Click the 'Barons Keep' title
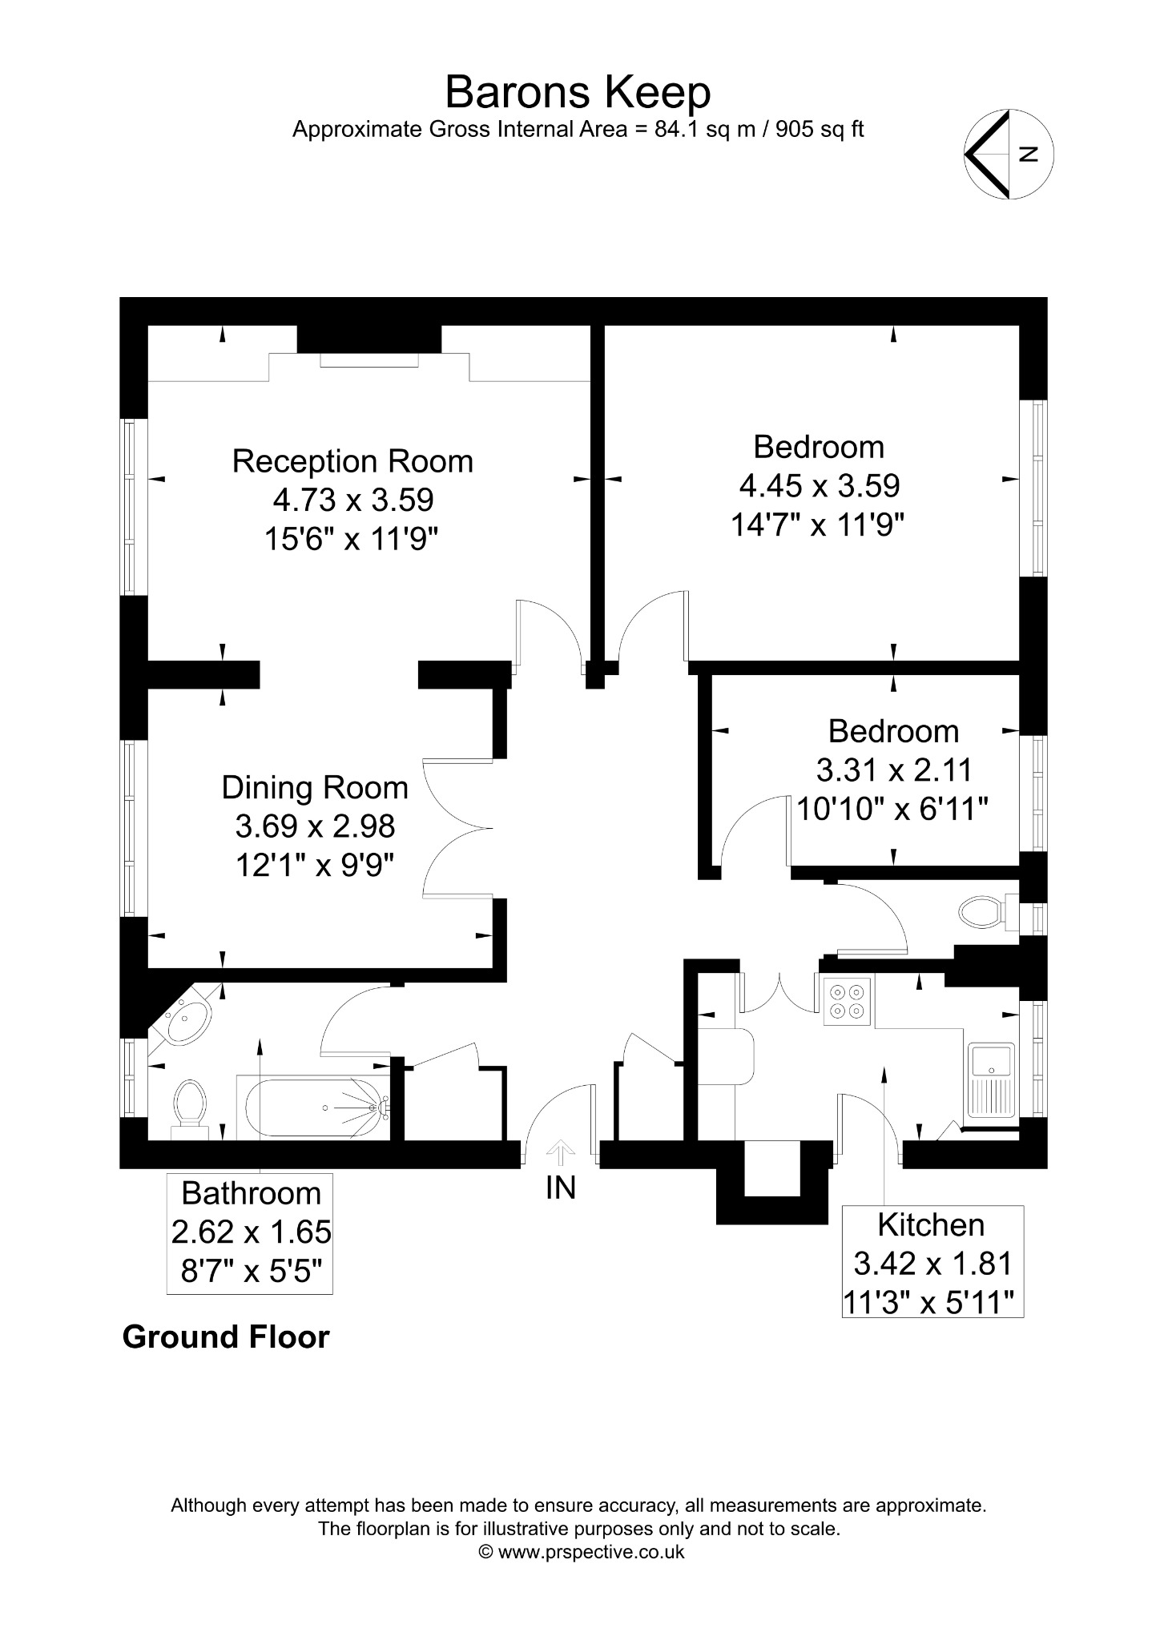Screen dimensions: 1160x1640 point(578,92)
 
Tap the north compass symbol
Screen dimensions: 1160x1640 point(1009,154)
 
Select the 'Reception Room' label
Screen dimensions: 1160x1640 point(352,461)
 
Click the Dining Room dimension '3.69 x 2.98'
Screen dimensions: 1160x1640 point(315,826)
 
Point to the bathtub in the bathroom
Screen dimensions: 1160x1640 point(313,1108)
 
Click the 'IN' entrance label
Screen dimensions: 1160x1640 point(561,1188)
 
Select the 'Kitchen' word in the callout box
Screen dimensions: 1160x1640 point(931,1224)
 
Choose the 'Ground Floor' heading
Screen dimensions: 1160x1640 point(226,1337)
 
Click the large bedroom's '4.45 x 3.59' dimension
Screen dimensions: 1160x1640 point(819,485)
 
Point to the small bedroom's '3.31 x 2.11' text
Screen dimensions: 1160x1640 point(893,770)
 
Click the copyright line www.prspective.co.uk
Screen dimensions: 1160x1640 point(581,1551)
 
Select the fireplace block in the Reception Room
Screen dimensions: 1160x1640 point(369,339)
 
